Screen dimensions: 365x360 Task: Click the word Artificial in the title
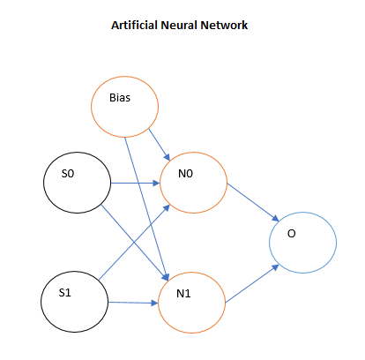pyautogui.click(x=135, y=25)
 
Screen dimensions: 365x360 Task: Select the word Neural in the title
pyautogui.click(x=179, y=25)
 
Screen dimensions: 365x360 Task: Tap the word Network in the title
pyautogui.click(x=224, y=25)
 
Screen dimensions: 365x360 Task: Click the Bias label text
pyautogui.click(x=120, y=98)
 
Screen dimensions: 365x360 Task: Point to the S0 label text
pyautogui.click(x=68, y=174)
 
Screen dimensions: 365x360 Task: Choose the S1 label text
pyautogui.click(x=65, y=293)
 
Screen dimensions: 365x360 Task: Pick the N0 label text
pyautogui.click(x=185, y=174)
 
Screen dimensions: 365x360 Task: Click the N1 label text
pyautogui.click(x=183, y=293)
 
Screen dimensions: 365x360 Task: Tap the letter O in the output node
pyautogui.click(x=291, y=234)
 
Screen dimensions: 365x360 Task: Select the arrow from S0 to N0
pyautogui.click(x=135, y=184)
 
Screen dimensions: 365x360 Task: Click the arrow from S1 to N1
pyautogui.click(x=133, y=303)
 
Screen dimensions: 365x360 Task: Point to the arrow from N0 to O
pyautogui.click(x=253, y=202)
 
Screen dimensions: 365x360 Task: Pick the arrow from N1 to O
pyautogui.click(x=252, y=284)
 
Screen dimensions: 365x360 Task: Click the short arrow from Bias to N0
pyautogui.click(x=160, y=145)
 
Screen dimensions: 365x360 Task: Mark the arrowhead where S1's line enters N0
pyautogui.click(x=167, y=208)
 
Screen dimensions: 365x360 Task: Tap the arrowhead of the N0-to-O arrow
pyautogui.click(x=275, y=219)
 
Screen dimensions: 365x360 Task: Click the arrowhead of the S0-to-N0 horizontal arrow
pyautogui.click(x=156, y=184)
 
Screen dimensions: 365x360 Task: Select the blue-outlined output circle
pyautogui.click(x=270, y=243)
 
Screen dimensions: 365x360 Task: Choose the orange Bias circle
pyautogui.click(x=91, y=107)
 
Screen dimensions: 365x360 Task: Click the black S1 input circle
pyautogui.click(x=41, y=302)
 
